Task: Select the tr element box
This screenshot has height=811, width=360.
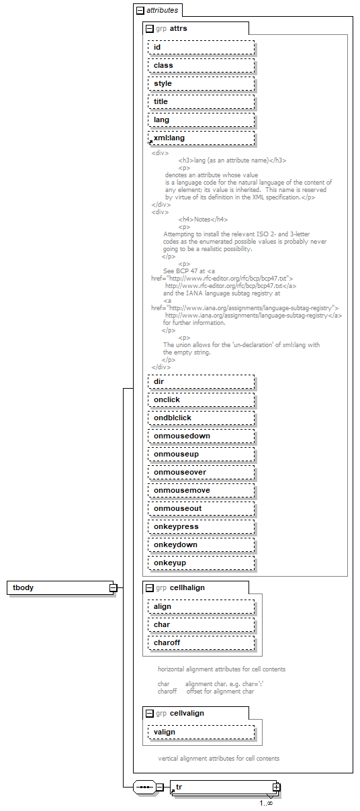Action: [222, 787]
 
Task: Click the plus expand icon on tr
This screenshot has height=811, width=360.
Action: [276, 787]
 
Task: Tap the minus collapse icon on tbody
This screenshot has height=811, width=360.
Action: [114, 587]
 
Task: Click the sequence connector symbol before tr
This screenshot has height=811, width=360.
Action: [144, 787]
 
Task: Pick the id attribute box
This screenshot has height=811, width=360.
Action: [201, 48]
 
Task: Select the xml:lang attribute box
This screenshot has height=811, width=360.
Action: [201, 138]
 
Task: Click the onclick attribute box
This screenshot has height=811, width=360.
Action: [201, 400]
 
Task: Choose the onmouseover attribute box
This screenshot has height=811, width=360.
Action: [201, 473]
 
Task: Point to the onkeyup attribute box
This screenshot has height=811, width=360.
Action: [201, 563]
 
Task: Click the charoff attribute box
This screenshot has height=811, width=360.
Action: [201, 643]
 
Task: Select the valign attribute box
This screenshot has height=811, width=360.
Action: [201, 732]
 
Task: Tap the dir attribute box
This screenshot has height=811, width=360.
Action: [201, 382]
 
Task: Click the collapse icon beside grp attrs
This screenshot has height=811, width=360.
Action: [150, 29]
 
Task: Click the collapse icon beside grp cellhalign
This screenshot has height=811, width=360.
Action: [150, 588]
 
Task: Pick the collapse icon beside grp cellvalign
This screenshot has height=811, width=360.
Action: [150, 714]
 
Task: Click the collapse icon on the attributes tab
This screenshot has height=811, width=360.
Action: [140, 11]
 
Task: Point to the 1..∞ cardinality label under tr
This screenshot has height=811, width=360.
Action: [266, 803]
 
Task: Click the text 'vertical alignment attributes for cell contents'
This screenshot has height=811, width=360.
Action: [218, 759]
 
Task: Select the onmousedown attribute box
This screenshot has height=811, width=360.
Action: [201, 436]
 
